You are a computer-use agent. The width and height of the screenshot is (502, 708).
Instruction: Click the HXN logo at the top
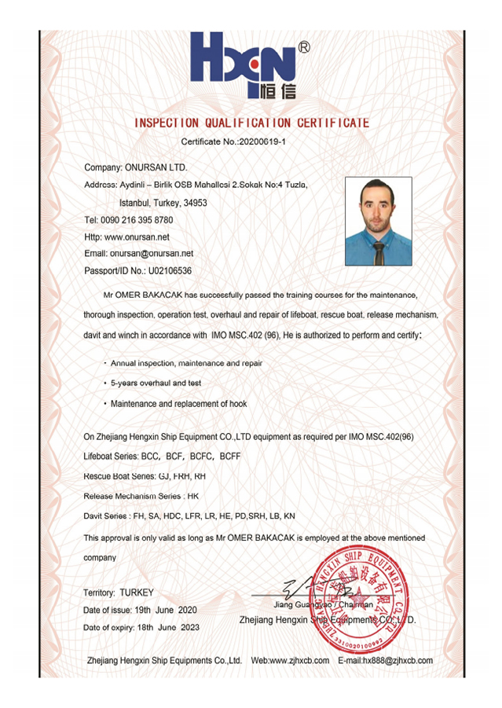point(244,63)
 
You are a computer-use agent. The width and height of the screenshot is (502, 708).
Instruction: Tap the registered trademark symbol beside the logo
point(305,47)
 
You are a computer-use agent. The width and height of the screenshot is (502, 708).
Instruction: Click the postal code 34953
point(193,203)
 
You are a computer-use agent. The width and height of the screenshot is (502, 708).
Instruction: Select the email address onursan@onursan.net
point(152,254)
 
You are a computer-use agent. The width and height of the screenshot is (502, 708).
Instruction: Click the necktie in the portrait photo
point(379,251)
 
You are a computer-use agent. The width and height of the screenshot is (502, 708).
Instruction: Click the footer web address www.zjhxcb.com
point(300,661)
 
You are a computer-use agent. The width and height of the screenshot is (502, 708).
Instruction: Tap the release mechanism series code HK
point(193,497)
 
